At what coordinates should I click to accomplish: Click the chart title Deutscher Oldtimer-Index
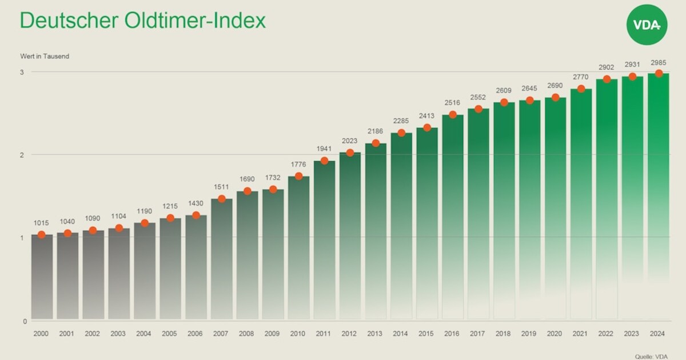(x=142, y=21)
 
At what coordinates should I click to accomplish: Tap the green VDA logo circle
(x=647, y=25)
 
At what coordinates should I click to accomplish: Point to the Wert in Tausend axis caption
(x=45, y=57)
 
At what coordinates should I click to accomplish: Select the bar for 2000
(x=42, y=277)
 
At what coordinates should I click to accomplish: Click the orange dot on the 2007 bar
(x=222, y=199)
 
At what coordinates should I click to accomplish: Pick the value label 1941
(x=324, y=149)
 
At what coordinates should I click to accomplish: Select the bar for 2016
(x=453, y=217)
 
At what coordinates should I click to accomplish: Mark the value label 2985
(x=658, y=62)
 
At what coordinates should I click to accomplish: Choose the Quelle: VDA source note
(x=651, y=356)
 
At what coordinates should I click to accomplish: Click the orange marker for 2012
(x=350, y=153)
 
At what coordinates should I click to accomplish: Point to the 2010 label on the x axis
(x=298, y=333)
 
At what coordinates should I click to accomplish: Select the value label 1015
(x=42, y=223)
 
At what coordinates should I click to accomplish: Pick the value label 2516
(x=452, y=103)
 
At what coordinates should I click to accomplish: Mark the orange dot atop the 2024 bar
(x=659, y=73)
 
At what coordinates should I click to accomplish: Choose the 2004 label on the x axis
(x=145, y=333)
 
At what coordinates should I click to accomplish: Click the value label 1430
(x=196, y=204)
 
